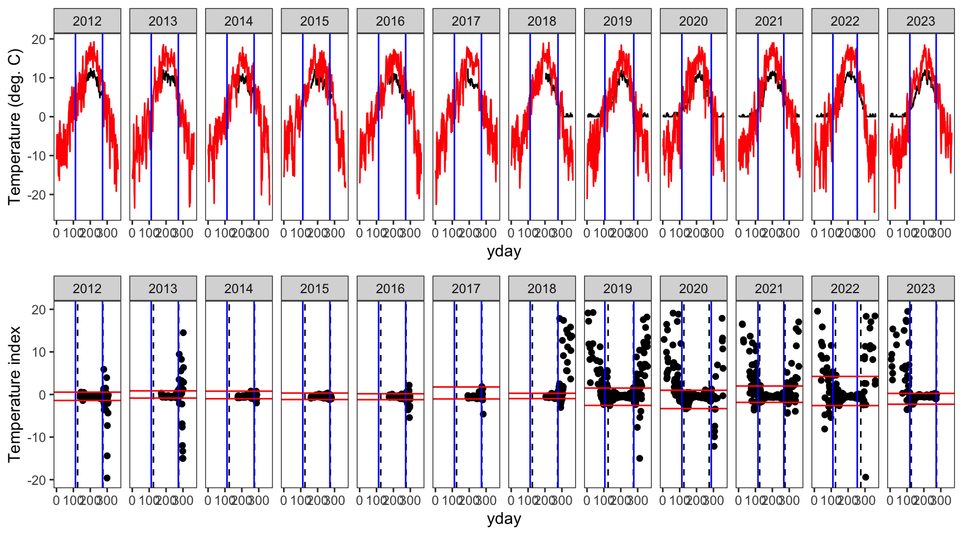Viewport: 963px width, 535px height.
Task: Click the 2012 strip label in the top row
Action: [x=87, y=21]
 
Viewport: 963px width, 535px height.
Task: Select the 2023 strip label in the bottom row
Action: [x=920, y=289]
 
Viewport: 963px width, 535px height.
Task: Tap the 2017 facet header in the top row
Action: [x=466, y=21]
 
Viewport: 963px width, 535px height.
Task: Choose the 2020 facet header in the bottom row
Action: [x=693, y=289]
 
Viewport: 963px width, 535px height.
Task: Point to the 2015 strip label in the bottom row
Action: [x=314, y=289]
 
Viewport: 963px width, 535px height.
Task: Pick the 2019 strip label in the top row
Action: [x=617, y=21]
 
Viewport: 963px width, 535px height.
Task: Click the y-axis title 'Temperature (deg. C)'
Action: [x=14, y=127]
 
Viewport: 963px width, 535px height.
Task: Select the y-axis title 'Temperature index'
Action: [x=14, y=394]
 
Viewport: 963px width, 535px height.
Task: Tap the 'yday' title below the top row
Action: [x=504, y=251]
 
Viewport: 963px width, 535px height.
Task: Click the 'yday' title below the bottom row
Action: [x=504, y=519]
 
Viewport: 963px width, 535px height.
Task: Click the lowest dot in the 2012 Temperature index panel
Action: [x=107, y=478]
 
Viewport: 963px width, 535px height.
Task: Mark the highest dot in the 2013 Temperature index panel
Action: [x=183, y=333]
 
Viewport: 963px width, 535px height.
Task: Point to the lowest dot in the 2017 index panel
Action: [x=483, y=414]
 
